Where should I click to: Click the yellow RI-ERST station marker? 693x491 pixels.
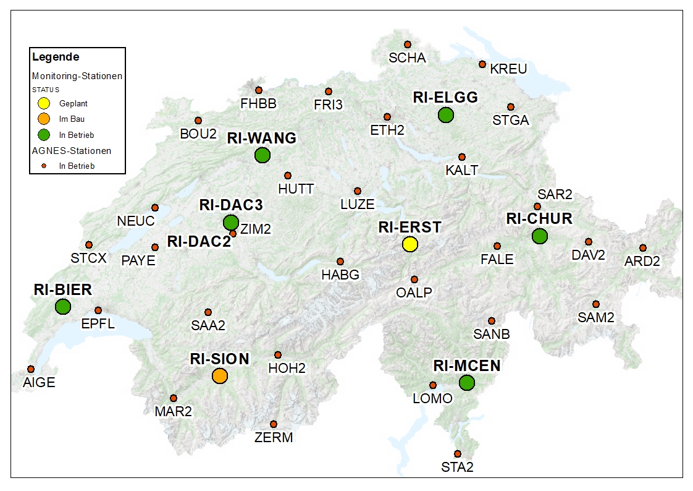[409, 244]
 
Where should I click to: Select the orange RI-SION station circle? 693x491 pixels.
[220, 375]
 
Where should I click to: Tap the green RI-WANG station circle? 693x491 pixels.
[262, 155]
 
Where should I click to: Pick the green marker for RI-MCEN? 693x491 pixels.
[467, 383]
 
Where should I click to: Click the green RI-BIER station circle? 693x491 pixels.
[63, 306]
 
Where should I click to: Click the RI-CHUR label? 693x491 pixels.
[539, 219]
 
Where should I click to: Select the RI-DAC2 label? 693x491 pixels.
[199, 242]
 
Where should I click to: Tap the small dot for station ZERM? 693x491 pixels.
[274, 424]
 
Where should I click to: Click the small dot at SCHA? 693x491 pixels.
[408, 44]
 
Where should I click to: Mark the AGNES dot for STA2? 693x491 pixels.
[458, 453]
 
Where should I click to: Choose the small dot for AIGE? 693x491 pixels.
[31, 369]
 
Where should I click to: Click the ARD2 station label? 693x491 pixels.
[642, 261]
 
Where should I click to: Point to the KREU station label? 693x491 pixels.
[508, 69]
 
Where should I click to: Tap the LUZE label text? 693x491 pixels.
[358, 204]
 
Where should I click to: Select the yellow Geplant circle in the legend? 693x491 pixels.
[44, 103]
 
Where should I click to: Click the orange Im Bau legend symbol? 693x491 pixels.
[44, 119]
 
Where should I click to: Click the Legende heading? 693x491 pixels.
[56, 58]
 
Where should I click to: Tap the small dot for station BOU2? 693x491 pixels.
[198, 121]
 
